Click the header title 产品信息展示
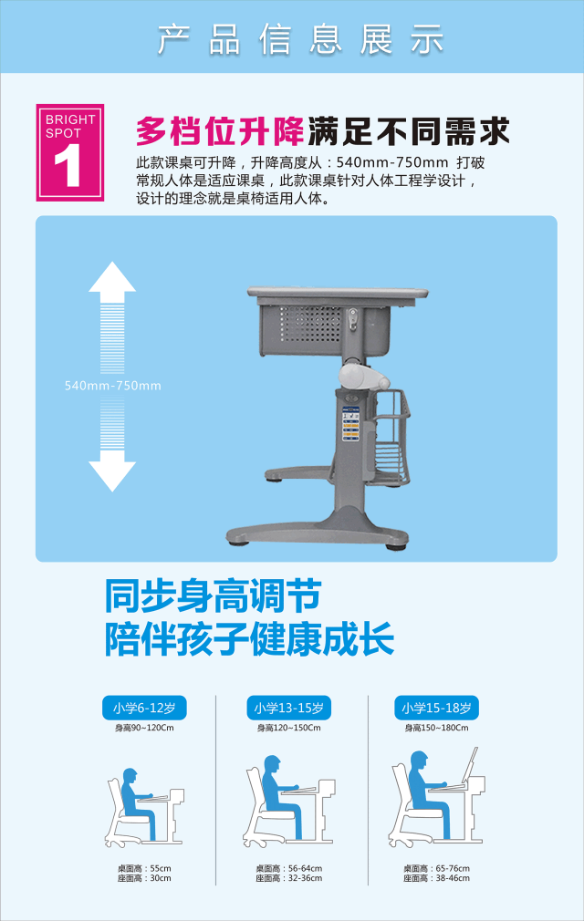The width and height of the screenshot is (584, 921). [300, 39]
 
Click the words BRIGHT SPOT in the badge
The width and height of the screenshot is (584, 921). [69, 127]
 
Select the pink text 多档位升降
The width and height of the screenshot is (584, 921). [219, 131]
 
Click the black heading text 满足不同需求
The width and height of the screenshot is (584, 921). [407, 131]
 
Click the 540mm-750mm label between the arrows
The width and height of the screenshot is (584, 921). [112, 386]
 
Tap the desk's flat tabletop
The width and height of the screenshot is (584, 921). [338, 292]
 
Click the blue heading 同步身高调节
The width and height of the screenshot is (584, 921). [212, 597]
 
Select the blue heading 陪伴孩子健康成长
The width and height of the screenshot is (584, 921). [248, 639]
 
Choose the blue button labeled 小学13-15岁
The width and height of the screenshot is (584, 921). [288, 708]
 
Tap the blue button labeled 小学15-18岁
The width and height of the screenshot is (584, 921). [437, 708]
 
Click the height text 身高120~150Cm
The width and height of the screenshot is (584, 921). [288, 728]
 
